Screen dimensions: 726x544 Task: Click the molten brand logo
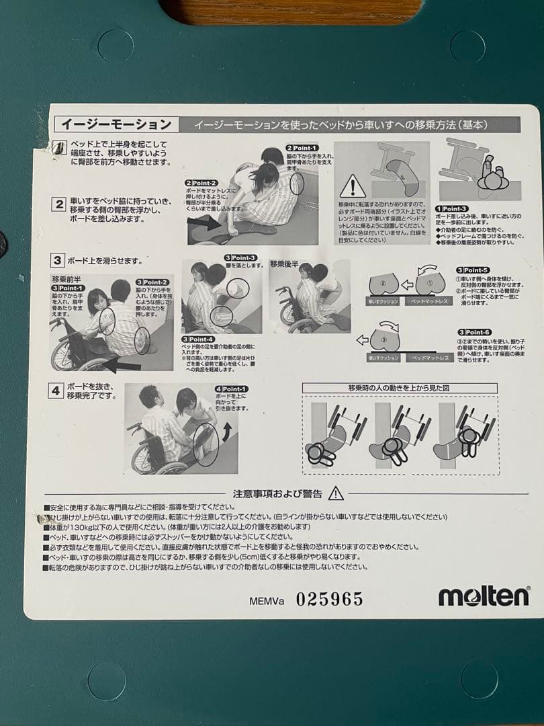484,596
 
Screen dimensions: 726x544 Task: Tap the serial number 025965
330,598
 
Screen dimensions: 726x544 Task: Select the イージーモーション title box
116,124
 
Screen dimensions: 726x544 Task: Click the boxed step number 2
59,204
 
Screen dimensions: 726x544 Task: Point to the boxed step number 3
58,260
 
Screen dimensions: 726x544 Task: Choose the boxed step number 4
58,390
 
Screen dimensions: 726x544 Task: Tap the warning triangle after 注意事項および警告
336,494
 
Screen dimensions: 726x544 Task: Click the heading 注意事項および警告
277,494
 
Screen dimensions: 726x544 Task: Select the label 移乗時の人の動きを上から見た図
399,388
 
